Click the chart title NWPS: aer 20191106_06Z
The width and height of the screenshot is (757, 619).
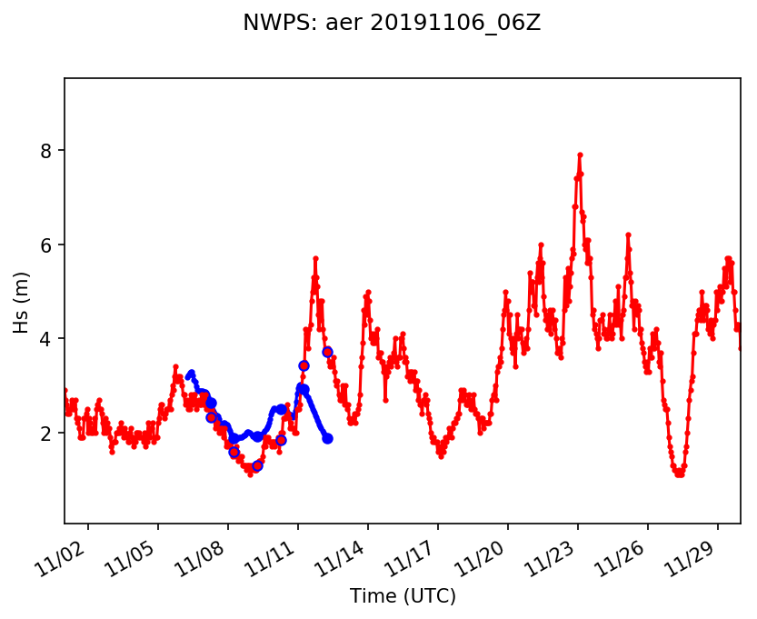(392, 24)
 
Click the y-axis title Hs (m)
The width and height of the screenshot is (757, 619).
(21, 301)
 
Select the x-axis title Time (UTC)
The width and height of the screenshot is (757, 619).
(403, 596)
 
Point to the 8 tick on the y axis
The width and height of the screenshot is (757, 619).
(47, 150)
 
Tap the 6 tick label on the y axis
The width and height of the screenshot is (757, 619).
(47, 245)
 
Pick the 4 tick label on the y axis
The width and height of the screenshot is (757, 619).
(47, 339)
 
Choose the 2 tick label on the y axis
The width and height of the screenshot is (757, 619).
(47, 434)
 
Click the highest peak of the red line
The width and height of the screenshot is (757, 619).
(580, 155)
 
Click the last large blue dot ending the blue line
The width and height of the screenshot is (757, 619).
(327, 438)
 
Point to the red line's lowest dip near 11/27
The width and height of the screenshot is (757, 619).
(679, 474)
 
